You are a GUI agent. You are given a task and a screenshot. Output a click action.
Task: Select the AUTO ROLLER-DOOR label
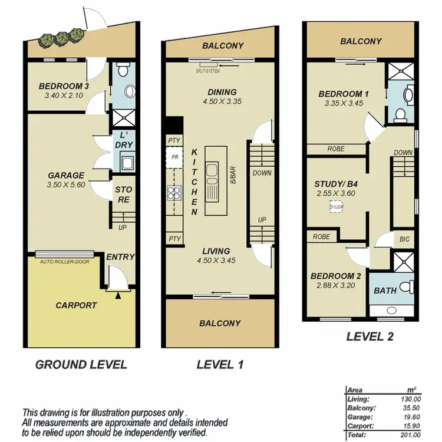coord(65,260)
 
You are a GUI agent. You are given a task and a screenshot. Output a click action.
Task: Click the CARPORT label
coord(77,305)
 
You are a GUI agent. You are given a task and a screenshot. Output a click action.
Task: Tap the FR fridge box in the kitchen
coord(174,157)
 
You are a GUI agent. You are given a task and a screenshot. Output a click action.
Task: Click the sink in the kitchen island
coord(212,173)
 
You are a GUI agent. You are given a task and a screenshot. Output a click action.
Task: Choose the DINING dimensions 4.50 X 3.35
coord(222,101)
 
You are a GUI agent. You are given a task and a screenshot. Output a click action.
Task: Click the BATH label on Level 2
coord(384,291)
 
